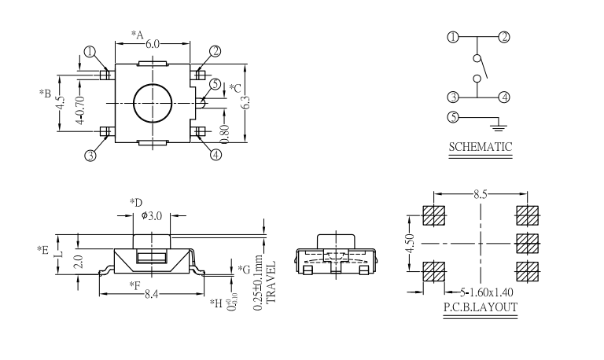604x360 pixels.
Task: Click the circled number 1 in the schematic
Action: click(x=453, y=37)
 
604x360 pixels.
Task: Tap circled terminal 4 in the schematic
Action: click(x=504, y=97)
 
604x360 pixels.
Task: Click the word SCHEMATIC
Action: click(x=480, y=146)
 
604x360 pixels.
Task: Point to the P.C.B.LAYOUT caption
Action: click(x=480, y=307)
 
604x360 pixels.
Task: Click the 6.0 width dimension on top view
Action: click(x=153, y=43)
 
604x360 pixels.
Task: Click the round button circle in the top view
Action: click(x=153, y=102)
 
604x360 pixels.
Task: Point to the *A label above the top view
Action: click(x=136, y=35)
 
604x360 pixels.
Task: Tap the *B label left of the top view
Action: click(x=45, y=93)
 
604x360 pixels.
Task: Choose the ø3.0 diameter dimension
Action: click(x=153, y=215)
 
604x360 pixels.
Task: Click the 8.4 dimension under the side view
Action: click(x=153, y=294)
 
